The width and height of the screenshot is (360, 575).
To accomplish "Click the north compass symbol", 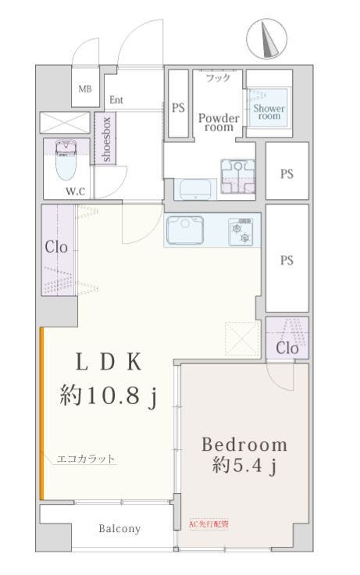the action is click(x=266, y=38).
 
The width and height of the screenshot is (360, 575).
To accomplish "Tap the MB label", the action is click(x=85, y=89).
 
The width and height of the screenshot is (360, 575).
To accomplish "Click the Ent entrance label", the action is click(x=116, y=100).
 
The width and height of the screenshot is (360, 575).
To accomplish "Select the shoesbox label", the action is click(x=106, y=139).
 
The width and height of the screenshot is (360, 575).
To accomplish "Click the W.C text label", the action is click(x=75, y=191).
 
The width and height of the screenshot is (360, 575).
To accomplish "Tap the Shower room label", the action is click(x=269, y=112).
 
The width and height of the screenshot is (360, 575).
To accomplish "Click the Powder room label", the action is click(x=219, y=123).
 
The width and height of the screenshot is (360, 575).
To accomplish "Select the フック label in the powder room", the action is click(x=218, y=78).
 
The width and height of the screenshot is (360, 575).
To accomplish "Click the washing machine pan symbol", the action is click(x=238, y=177).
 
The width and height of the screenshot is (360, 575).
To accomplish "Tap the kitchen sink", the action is click(x=185, y=230).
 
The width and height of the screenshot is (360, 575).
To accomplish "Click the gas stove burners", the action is click(x=241, y=232).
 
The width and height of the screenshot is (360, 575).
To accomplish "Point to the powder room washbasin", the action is click(x=195, y=189).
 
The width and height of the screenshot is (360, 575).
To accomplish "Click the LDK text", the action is click(x=109, y=362).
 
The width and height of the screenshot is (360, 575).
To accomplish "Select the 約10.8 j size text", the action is click(x=109, y=396).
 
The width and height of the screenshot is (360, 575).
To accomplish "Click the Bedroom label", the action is click(x=244, y=445).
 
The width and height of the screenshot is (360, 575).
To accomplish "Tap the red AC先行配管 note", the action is click(x=209, y=524).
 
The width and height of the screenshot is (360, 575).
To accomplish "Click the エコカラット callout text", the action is click(x=86, y=459).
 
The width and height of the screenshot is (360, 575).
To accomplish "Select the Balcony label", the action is click(x=119, y=529).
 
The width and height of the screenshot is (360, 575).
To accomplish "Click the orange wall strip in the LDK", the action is click(x=42, y=413).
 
